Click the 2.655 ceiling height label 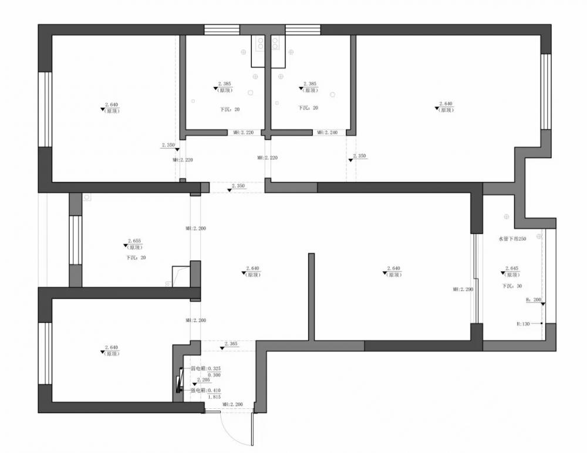(x=134, y=241)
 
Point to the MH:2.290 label (x=463, y=289)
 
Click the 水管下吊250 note (x=512, y=239)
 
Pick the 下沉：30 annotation (x=512, y=286)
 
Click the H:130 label (x=524, y=323)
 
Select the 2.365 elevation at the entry (x=230, y=343)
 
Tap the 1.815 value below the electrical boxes (x=214, y=397)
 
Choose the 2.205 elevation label (x=203, y=380)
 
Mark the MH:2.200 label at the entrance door (x=232, y=405)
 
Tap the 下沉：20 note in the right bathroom (x=308, y=108)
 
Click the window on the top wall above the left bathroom (x=222, y=30)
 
